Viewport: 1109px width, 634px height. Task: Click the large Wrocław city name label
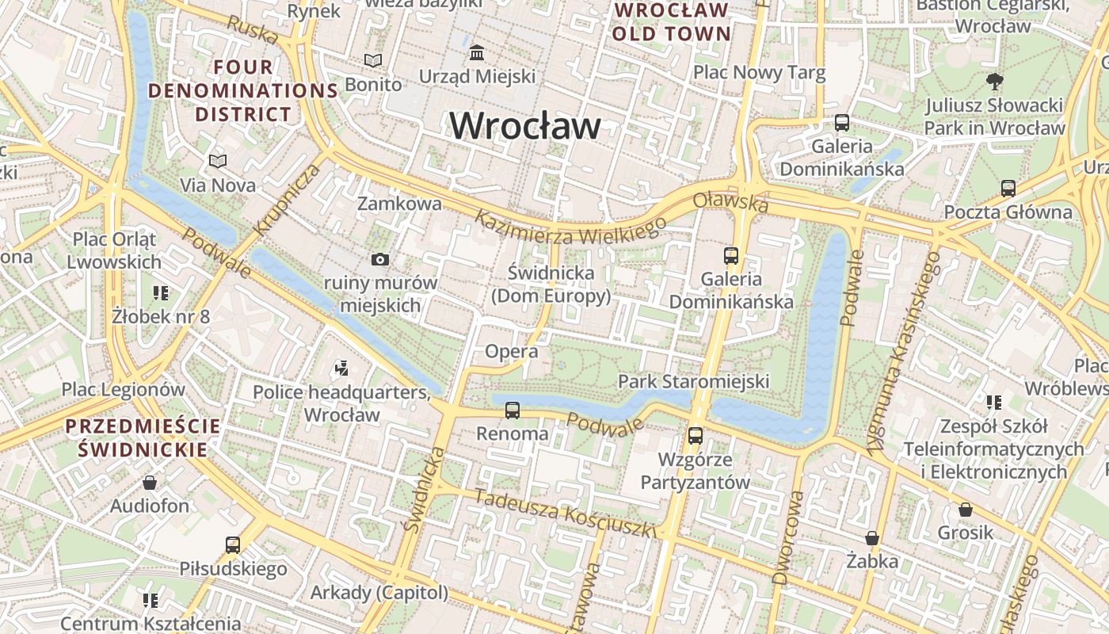tap(525, 126)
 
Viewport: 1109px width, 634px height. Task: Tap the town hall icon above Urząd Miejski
tap(478, 53)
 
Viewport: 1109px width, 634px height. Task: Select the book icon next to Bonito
tap(372, 60)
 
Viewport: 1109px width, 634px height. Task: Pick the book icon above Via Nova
tap(218, 162)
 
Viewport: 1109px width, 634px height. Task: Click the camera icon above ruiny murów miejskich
tap(380, 259)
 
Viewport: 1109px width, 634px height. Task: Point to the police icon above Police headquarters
tap(341, 368)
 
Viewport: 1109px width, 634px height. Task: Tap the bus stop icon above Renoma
tap(513, 411)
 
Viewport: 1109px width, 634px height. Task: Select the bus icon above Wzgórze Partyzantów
tap(695, 435)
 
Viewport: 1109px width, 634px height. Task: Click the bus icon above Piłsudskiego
tap(232, 545)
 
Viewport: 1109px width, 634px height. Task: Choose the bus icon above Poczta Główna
tap(1008, 189)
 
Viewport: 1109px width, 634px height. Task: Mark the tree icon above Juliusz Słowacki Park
tap(994, 81)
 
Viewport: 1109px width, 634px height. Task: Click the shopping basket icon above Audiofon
tap(150, 483)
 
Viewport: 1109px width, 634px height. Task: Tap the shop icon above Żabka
tap(872, 539)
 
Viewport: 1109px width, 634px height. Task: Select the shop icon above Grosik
tap(965, 510)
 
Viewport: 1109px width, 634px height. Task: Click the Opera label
tap(511, 351)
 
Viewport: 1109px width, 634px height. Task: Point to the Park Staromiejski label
tap(693, 381)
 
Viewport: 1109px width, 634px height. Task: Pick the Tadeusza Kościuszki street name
tap(566, 513)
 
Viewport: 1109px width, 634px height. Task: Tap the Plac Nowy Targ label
tap(759, 73)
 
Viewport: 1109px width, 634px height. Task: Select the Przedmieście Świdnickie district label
tap(143, 438)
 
